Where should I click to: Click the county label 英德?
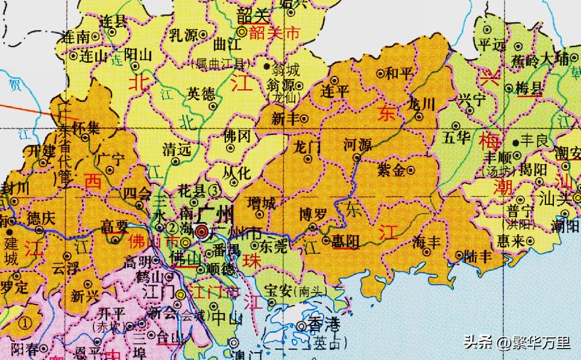(x=201, y=93)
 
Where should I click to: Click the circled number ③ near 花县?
(x=215, y=189)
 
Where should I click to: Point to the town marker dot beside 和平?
(x=380, y=74)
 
